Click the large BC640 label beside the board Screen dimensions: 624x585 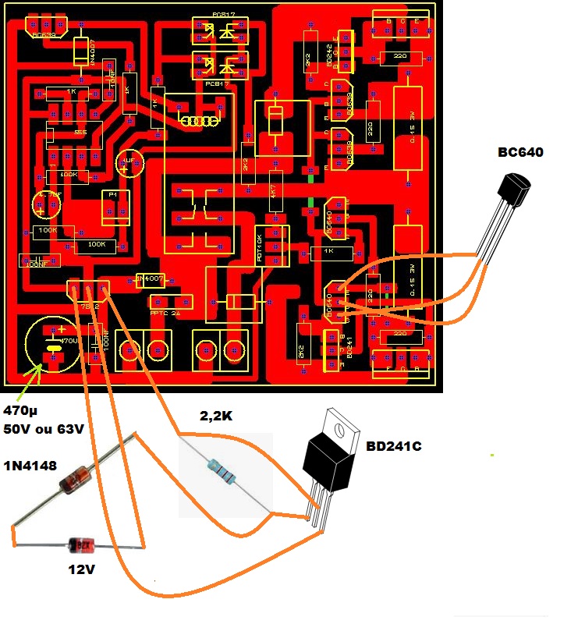tap(520, 152)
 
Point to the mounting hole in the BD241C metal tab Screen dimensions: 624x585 tap(340, 427)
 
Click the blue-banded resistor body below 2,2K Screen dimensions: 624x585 tap(222, 471)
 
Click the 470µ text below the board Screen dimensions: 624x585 tap(21, 411)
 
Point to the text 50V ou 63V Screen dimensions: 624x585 tap(44, 430)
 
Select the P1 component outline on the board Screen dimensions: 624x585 tap(115, 205)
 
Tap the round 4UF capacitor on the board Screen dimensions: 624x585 tap(129, 163)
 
